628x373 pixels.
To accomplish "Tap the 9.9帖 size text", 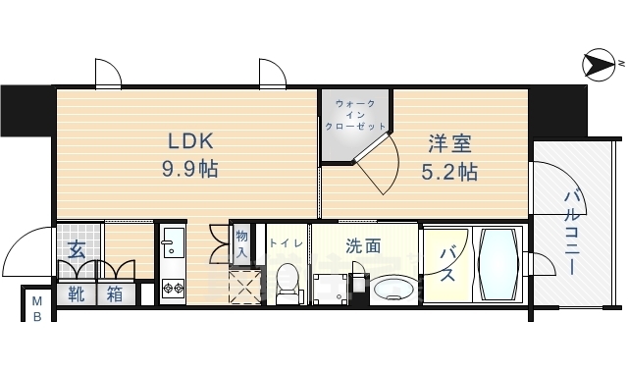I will (189, 168).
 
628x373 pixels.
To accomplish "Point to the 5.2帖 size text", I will (449, 173).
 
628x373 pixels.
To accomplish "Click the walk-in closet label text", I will (354, 114).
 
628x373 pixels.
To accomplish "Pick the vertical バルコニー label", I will (571, 235).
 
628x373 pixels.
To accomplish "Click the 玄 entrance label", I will (77, 249).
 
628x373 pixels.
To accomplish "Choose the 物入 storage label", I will (240, 244).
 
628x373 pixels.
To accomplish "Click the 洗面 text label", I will (363, 246).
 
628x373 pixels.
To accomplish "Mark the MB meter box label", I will (36, 306).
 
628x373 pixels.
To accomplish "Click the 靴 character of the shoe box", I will (76, 293).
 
